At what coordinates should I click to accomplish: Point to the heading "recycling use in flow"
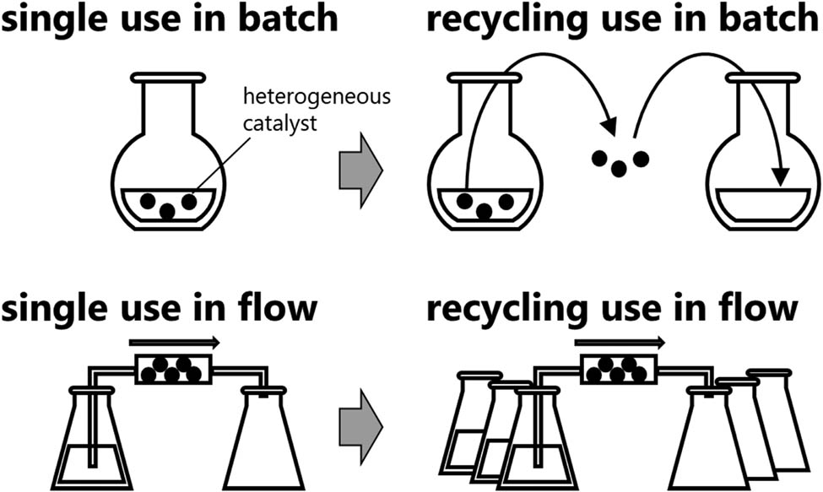coord(612,309)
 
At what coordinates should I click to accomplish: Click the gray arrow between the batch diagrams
coord(360,169)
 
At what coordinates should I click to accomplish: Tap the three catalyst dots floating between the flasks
coord(620,160)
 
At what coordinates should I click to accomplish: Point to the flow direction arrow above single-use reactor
coord(174,343)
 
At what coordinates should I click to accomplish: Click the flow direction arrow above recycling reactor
coord(619,343)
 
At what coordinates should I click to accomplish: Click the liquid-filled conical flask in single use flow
coord(91,447)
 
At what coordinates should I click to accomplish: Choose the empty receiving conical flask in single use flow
coord(267,443)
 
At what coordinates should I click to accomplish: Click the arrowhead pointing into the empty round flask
coord(782,176)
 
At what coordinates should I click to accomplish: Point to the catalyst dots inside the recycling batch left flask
coord(485,203)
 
